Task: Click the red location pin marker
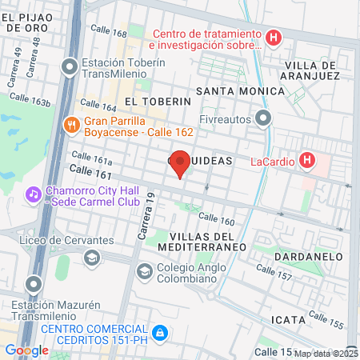tap(181, 162)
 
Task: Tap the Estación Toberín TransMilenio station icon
tap(70, 66)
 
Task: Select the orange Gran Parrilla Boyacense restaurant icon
tap(71, 124)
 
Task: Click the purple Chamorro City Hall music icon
tap(33, 194)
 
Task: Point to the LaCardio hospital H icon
tap(306, 161)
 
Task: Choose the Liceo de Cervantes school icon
tap(92, 257)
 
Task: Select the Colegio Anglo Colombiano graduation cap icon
tap(143, 271)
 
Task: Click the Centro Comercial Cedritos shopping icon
tap(160, 330)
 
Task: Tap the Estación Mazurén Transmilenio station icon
tap(33, 284)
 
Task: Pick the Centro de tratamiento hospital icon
tap(274, 38)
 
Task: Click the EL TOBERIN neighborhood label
tap(158, 102)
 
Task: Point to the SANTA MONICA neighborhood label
tap(245, 91)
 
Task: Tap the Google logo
tap(26, 350)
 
